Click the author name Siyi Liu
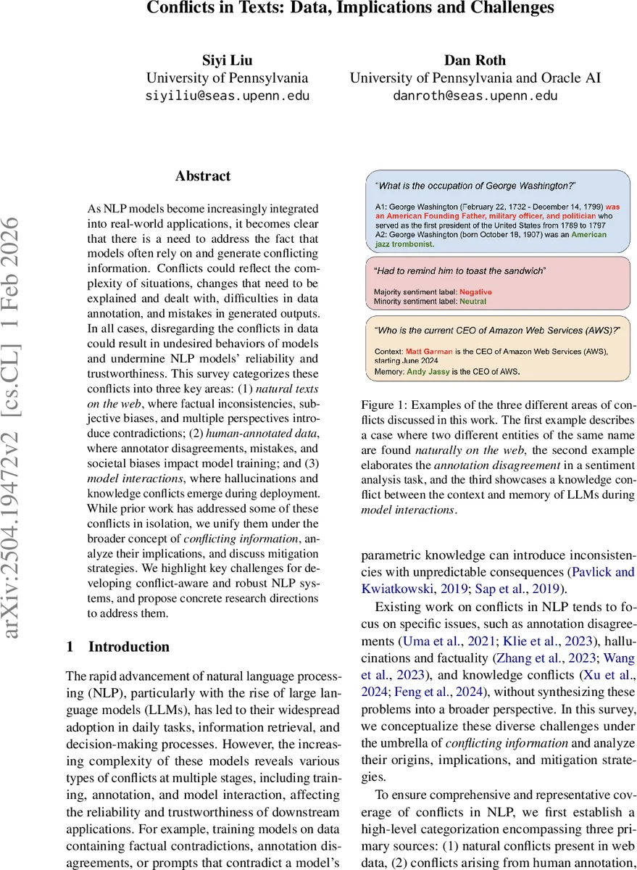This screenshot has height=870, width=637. pyautogui.click(x=227, y=60)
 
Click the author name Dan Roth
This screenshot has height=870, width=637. pyautogui.click(x=475, y=60)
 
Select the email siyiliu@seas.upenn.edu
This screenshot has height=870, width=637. pyautogui.click(x=227, y=95)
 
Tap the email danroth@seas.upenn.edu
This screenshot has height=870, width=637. pyautogui.click(x=475, y=95)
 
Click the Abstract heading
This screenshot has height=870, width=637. pyautogui.click(x=203, y=176)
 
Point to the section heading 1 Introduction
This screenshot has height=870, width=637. pyautogui.click(x=117, y=647)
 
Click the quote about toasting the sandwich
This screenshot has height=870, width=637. pyautogui.click(x=460, y=270)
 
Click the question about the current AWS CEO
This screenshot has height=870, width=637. pyautogui.click(x=497, y=330)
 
